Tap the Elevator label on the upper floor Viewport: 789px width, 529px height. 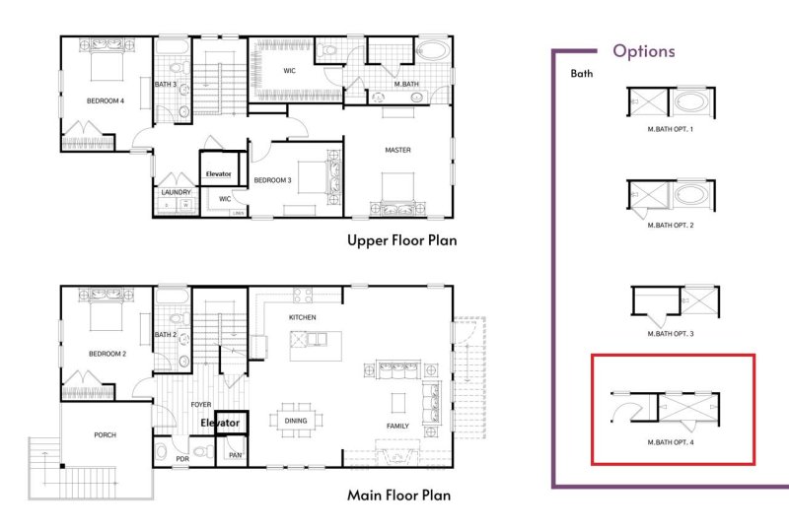coord(218,174)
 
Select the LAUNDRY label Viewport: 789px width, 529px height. coord(175,192)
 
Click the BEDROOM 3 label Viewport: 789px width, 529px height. coord(271,180)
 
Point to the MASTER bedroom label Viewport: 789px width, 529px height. coord(397,150)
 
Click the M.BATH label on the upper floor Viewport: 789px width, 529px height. coord(407,84)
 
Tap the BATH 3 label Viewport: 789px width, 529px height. coord(166,85)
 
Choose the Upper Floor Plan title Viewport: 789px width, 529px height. coord(401,239)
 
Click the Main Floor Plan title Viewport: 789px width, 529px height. coord(398,496)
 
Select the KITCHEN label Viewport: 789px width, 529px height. coord(302,317)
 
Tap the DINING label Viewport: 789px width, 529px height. coord(296,421)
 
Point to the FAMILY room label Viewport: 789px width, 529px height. coord(398,426)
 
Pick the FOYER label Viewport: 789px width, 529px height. coord(200,404)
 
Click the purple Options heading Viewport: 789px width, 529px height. coord(643,50)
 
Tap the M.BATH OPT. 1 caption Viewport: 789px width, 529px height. coord(671,128)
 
